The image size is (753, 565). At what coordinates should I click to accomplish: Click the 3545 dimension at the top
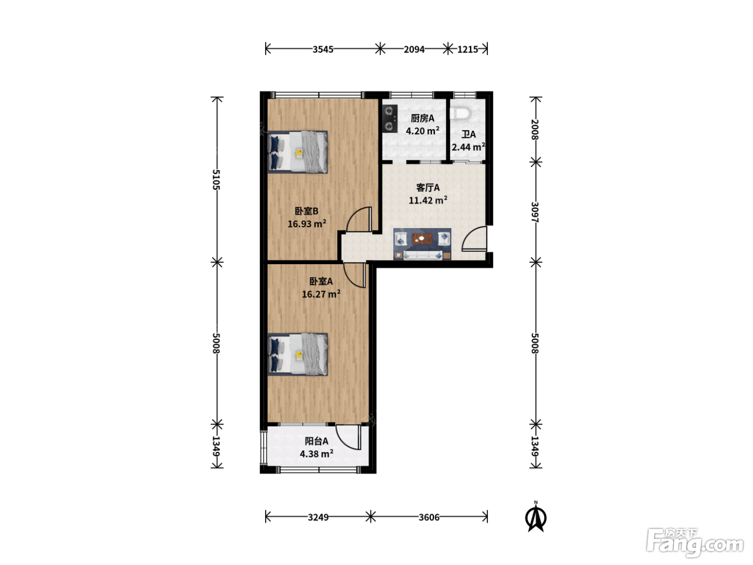[323, 50]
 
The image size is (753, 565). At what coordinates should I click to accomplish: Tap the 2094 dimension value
[414, 50]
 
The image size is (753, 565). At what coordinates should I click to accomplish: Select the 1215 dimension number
[467, 50]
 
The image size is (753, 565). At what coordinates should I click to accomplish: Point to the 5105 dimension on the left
[216, 179]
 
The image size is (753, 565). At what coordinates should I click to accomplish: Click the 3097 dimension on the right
[535, 212]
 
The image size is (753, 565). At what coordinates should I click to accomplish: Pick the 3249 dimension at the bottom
[318, 517]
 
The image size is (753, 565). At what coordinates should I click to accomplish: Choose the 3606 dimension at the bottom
[429, 517]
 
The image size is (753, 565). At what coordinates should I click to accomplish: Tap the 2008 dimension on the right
[535, 129]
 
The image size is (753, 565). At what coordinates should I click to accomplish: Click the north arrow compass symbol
[536, 518]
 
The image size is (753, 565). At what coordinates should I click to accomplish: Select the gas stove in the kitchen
[389, 119]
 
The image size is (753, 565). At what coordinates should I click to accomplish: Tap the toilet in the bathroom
[461, 114]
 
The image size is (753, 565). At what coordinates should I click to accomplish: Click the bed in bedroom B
[298, 152]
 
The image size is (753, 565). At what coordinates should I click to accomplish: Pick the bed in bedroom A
[298, 355]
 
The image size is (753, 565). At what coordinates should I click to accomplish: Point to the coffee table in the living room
[422, 238]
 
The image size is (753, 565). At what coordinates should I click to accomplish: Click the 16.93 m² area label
[307, 224]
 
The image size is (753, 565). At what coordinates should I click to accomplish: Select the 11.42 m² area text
[428, 200]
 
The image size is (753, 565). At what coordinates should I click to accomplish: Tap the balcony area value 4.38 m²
[316, 454]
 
